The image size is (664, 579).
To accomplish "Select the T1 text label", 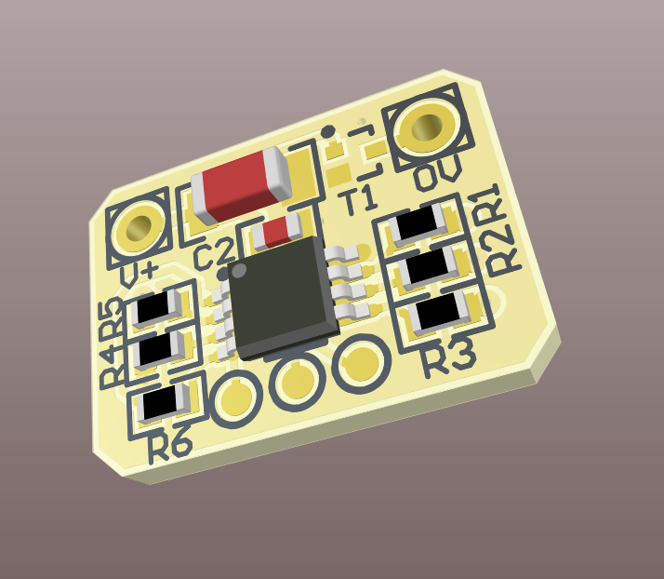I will (x=356, y=199).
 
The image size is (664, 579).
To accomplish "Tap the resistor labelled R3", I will (x=442, y=313).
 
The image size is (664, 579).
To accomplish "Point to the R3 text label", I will (x=448, y=356).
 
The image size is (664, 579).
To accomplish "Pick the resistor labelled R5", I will (x=155, y=309).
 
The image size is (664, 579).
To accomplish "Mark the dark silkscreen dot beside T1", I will (x=327, y=132).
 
